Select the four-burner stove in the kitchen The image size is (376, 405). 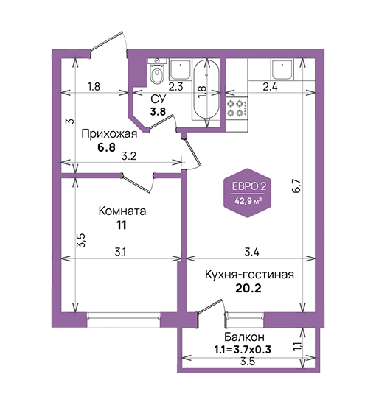click(x=237, y=108)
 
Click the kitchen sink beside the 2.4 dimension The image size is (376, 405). click(x=282, y=69)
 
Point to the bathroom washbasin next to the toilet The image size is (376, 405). click(x=180, y=69)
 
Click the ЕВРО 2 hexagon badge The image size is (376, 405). click(x=247, y=193)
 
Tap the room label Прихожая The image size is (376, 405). click(x=109, y=134)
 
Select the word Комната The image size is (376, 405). click(x=122, y=211)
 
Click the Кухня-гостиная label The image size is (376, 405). click(x=249, y=275)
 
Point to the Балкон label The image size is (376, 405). click(x=244, y=337)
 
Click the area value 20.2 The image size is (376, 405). click(x=248, y=288)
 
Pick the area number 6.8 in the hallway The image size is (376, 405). click(x=106, y=147)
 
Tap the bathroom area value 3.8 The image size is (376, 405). click(x=158, y=112)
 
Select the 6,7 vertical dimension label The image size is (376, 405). click(x=297, y=186)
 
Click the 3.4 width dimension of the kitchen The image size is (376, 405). click(x=251, y=252)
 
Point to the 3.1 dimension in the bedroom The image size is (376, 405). click(x=120, y=252)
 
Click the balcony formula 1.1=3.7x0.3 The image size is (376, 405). click(x=243, y=350)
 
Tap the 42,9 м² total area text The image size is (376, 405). click(x=248, y=201)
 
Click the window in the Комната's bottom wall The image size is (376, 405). click(x=124, y=320)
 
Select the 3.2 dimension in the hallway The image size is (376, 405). click(x=129, y=156)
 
